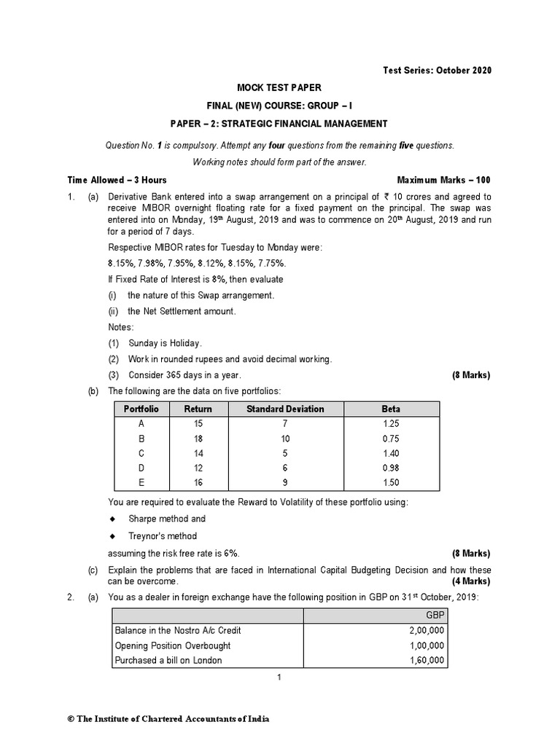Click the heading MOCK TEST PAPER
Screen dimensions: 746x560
tap(279, 87)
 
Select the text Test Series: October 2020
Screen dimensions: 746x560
tap(437, 71)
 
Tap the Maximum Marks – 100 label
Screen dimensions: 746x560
tap(444, 180)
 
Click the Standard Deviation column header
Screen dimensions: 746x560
tap(285, 409)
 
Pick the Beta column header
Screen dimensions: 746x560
tap(391, 409)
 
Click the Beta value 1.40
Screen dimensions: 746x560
tap(391, 453)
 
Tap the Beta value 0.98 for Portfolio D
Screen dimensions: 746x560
tap(391, 468)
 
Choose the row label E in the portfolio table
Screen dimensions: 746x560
tap(141, 482)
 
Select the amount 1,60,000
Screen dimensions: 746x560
tap(427, 661)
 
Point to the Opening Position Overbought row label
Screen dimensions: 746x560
tap(173, 645)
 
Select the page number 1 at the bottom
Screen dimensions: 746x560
tap(279, 678)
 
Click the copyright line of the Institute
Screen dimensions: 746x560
tap(168, 719)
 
